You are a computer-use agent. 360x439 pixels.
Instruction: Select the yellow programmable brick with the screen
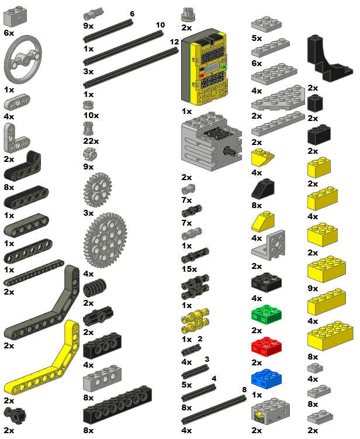(204, 68)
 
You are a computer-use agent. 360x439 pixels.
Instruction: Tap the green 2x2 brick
(266, 314)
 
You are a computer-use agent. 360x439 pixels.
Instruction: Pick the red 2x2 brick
(266, 347)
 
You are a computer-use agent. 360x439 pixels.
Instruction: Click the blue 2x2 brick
(266, 379)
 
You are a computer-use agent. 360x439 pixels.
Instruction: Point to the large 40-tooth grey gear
(105, 240)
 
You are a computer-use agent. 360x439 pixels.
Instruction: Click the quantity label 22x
(91, 141)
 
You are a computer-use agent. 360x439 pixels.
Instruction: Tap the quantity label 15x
(189, 269)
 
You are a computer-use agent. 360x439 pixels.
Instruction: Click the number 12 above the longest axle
(174, 42)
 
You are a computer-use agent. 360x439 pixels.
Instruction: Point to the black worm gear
(95, 288)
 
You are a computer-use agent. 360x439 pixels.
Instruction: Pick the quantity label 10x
(91, 115)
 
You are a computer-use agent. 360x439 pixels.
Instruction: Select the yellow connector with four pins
(195, 321)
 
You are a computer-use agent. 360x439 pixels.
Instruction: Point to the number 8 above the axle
(244, 389)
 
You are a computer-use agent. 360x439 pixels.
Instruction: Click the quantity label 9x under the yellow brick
(313, 288)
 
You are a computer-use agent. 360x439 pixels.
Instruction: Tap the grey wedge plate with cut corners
(278, 98)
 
